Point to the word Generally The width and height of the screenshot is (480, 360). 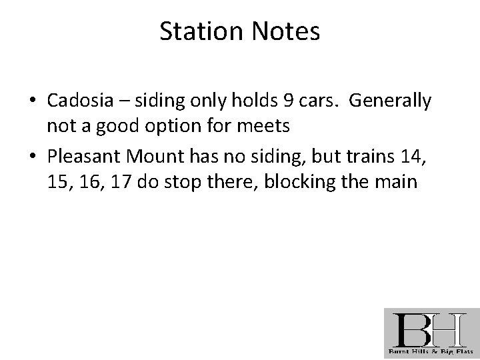point(390,101)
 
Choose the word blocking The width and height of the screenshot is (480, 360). point(294,181)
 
